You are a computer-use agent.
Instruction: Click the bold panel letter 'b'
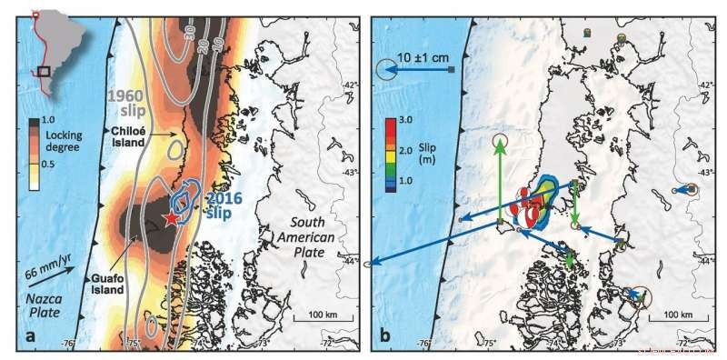coord(385,336)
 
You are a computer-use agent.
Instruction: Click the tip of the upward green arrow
coord(500,143)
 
